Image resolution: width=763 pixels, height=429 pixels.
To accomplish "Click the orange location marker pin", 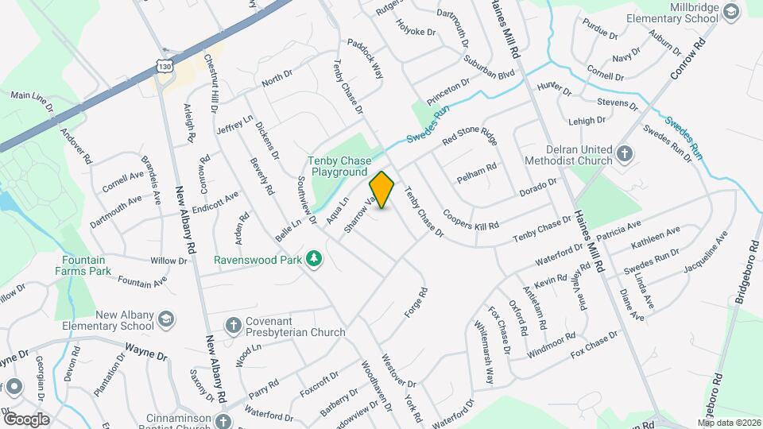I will click(382, 190).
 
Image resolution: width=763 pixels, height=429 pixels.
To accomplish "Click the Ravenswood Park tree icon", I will click(315, 258).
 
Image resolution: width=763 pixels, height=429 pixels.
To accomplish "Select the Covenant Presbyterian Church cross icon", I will click(233, 324).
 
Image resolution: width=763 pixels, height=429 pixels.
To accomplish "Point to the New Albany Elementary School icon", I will click(165, 319).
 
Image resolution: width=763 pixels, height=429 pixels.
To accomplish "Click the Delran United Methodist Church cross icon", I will click(625, 153).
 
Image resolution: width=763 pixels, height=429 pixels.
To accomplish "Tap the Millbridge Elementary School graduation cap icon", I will click(731, 10).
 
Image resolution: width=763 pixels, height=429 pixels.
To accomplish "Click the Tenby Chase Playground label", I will click(339, 166).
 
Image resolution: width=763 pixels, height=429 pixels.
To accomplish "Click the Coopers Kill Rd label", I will click(471, 220).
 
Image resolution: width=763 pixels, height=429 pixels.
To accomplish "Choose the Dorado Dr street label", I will click(537, 187).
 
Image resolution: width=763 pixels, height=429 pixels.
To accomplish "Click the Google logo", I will click(26, 419).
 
